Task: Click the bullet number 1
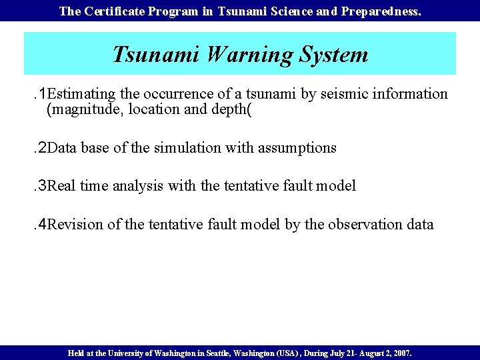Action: pos(41,94)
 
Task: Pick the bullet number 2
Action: pos(41,148)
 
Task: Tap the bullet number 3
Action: pos(41,186)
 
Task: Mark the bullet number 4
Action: pos(41,225)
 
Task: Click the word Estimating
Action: pos(81,94)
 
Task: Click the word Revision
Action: pos(75,225)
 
